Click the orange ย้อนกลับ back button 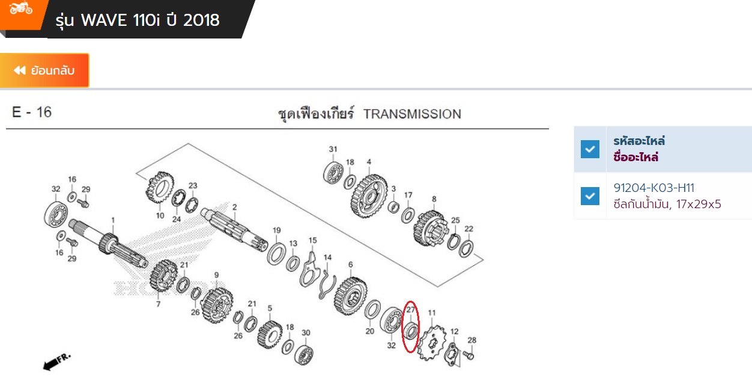coord(44,70)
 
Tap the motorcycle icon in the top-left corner coord(21,8)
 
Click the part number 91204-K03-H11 coord(653,188)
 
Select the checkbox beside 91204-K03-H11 coord(590,196)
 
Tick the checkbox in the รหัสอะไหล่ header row coord(590,149)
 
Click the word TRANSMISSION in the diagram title coord(412,114)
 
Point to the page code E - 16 coord(32,112)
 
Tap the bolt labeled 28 coord(469,356)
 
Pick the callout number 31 coord(333,150)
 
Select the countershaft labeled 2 coord(234,229)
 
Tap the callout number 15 coord(312,241)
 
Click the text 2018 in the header coord(202,20)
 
